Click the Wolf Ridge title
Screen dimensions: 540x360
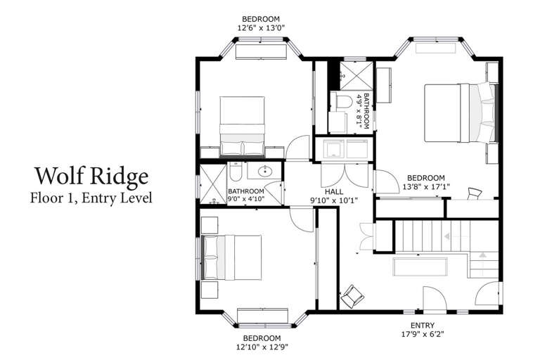[91, 176]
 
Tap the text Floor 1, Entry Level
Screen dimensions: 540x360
[91, 198]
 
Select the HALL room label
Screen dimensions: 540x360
[334, 191]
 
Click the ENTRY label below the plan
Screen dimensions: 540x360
[422, 326]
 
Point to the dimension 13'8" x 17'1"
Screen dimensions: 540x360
[426, 187]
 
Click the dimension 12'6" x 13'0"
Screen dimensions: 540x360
[261, 28]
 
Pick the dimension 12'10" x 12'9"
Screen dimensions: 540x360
[262, 347]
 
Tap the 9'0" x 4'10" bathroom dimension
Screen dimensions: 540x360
[246, 199]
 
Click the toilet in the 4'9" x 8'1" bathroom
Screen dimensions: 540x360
[342, 101]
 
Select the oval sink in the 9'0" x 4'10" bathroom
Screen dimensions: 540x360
[265, 171]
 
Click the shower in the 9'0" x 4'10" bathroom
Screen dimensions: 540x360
[213, 184]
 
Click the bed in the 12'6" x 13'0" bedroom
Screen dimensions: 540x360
[242, 127]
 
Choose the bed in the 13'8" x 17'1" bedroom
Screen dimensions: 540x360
[461, 113]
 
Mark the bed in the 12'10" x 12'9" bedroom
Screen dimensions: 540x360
[231, 257]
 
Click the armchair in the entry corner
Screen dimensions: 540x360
[352, 296]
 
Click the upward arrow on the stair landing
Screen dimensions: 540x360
[482, 255]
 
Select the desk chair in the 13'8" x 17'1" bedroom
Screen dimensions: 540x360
[474, 193]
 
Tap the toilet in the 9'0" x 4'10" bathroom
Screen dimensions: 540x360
[236, 172]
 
